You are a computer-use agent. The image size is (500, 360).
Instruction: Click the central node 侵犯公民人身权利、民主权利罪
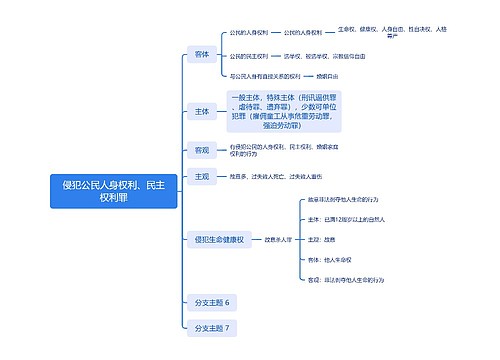pos(113,191)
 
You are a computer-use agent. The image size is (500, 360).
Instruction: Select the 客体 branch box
pos(202,53)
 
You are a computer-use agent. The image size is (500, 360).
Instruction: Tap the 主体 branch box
pos(202,113)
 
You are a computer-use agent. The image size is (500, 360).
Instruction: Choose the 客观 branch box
pos(202,150)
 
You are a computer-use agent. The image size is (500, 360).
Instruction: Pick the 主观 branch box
pos(202,177)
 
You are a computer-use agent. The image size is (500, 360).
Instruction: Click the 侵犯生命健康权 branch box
pos(221,240)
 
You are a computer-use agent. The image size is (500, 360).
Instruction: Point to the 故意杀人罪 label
pos(279,240)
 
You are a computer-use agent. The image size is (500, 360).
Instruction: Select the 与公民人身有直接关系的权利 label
pos(265,75)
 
